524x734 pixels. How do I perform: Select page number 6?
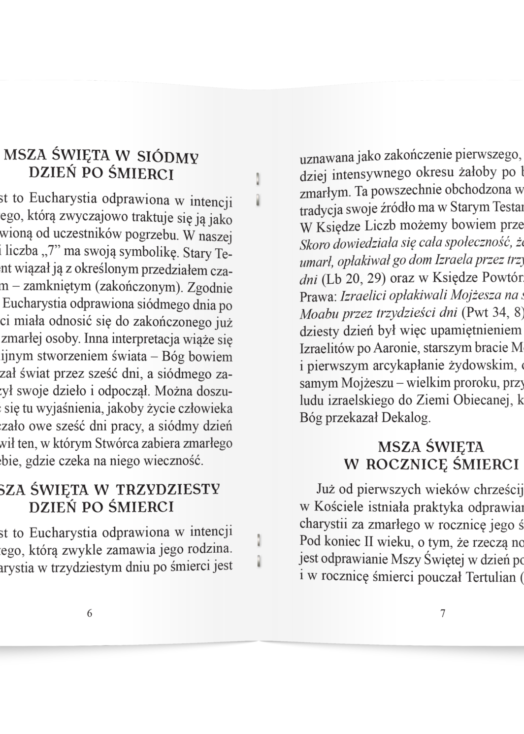[89, 614]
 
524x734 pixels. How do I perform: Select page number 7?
[443, 614]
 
